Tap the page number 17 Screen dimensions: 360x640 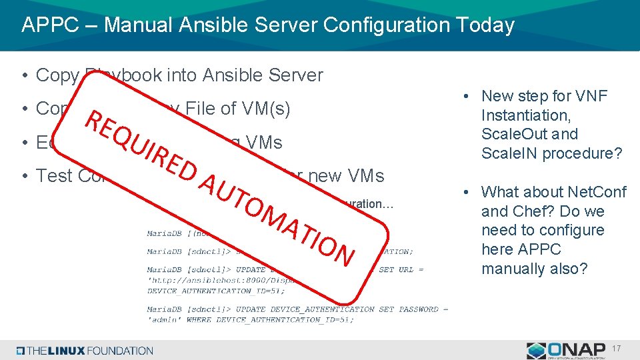[616, 349]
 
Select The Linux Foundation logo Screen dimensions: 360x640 [85, 351]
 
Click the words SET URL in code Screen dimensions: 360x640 [397, 270]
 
